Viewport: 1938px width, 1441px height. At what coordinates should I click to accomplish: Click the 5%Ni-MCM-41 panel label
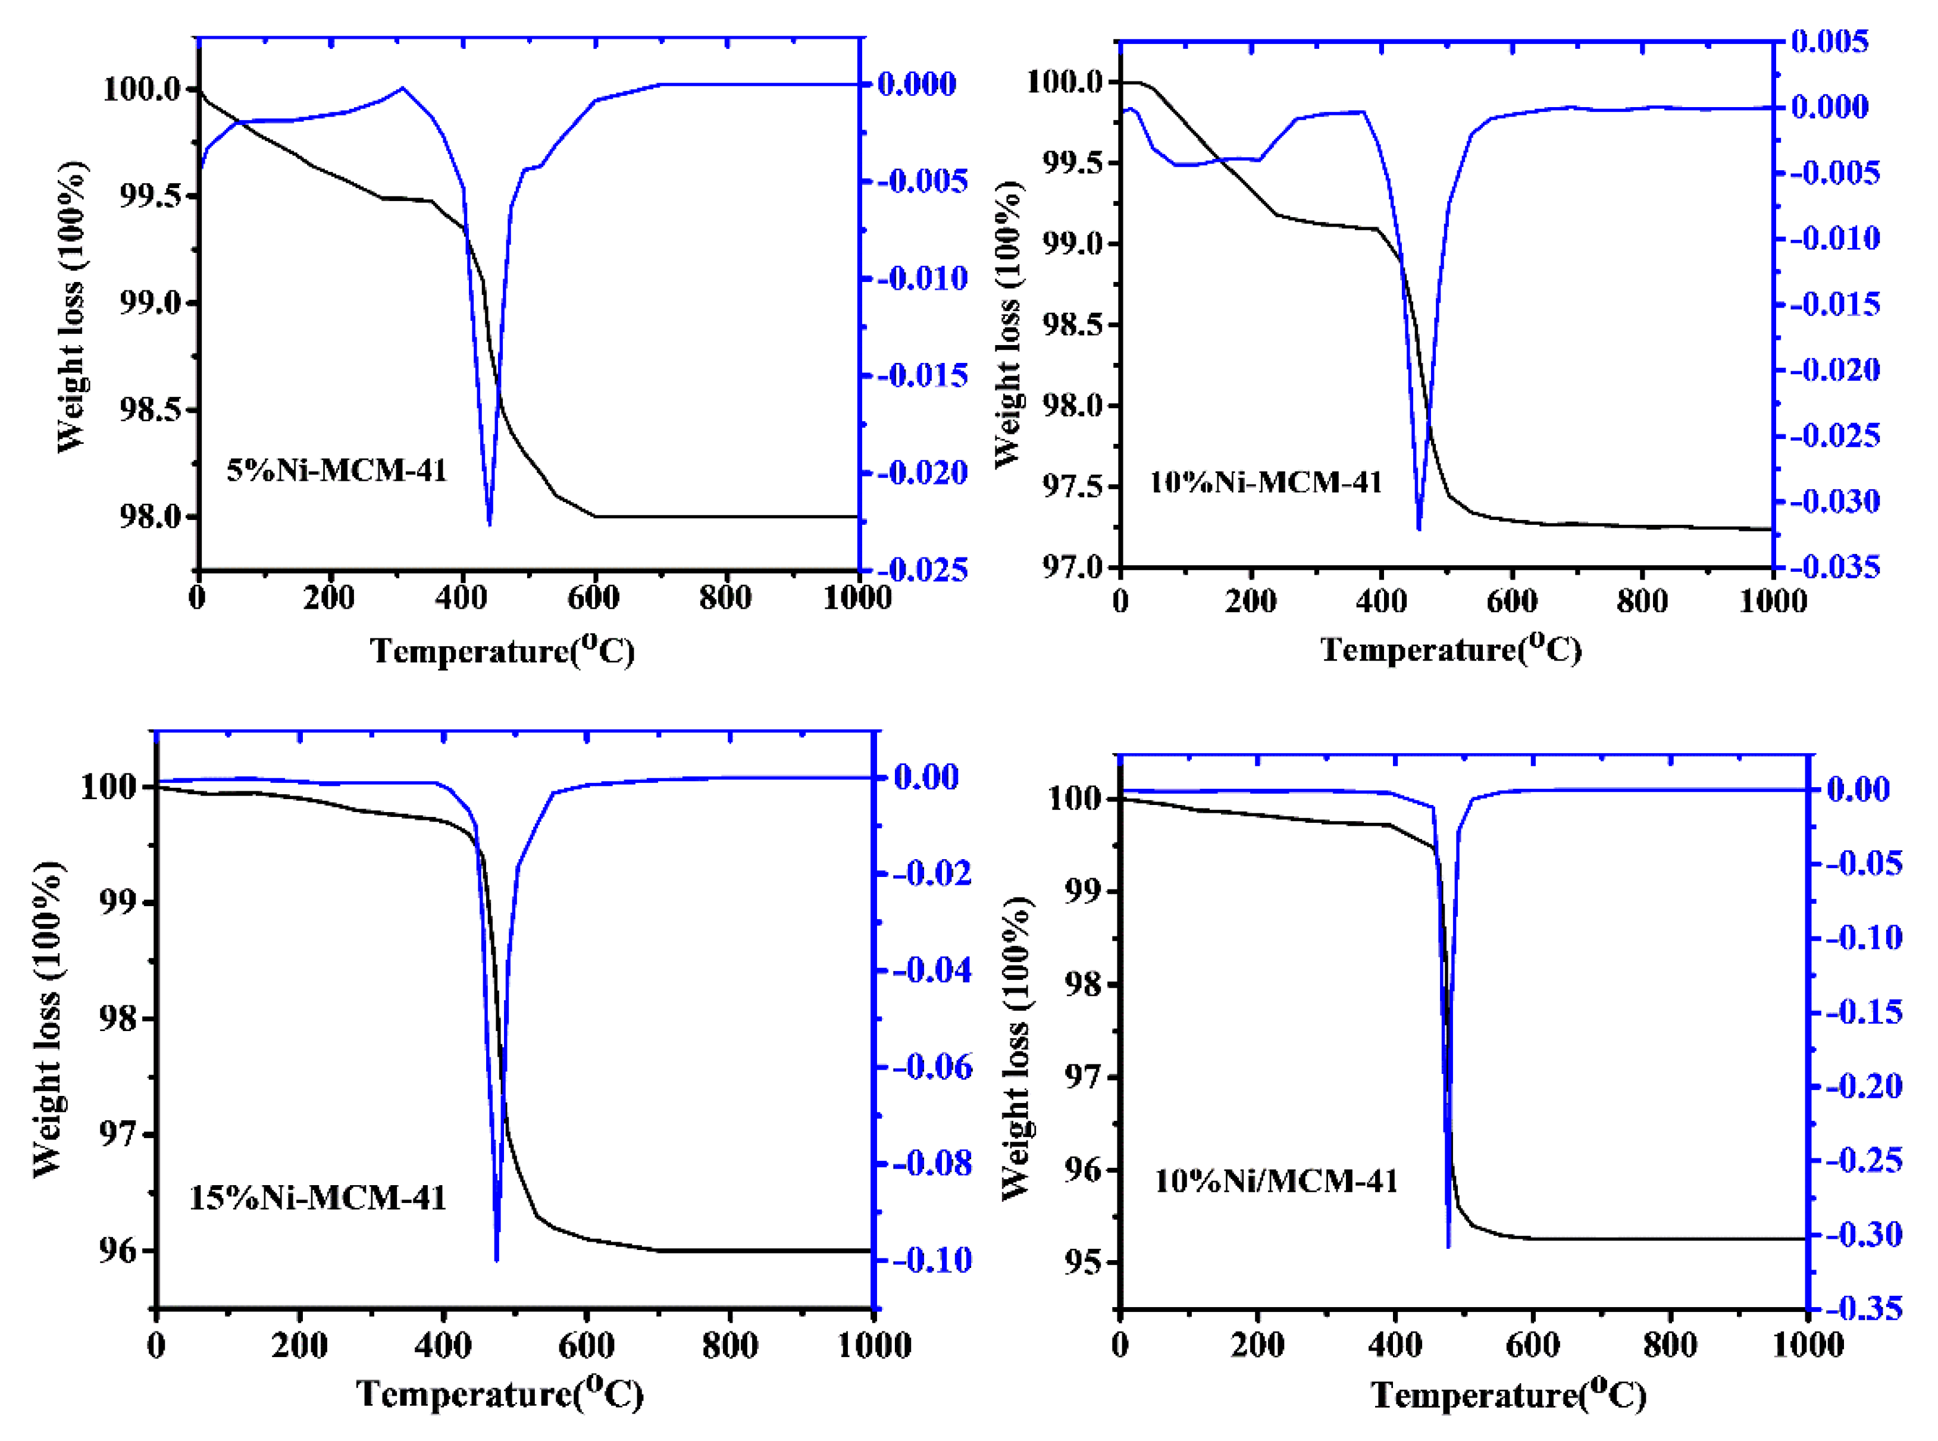[x=337, y=471]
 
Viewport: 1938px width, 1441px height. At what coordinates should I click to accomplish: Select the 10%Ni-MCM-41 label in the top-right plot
[x=1266, y=483]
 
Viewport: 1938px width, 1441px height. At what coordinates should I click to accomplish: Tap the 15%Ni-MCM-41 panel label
[x=318, y=1198]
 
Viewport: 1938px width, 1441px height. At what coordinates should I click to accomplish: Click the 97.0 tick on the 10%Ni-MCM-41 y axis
[x=1072, y=567]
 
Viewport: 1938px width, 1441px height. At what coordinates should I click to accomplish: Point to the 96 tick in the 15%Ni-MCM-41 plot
[x=118, y=1251]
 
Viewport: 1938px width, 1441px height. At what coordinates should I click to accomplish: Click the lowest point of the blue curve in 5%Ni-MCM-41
[x=489, y=524]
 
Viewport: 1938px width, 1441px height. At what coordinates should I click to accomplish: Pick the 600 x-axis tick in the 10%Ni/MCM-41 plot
[x=1532, y=1344]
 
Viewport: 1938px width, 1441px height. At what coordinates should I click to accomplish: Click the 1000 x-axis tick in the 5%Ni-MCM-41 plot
[x=858, y=599]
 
